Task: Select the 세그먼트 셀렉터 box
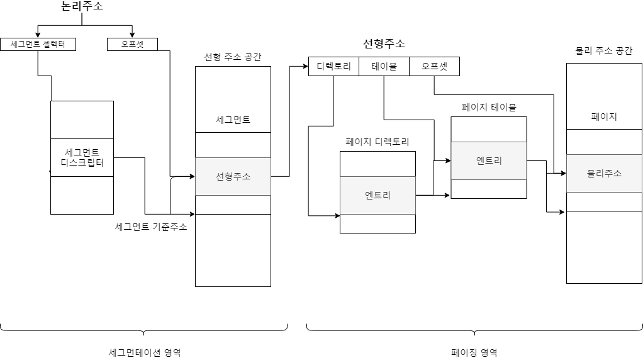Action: (38, 44)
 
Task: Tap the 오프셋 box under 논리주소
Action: (132, 44)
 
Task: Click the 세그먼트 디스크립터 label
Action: (82, 157)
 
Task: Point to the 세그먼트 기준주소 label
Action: (151, 227)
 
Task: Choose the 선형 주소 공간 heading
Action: (233, 57)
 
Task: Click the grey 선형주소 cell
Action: (233, 176)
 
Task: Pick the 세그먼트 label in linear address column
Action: (233, 120)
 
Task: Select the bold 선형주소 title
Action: (384, 43)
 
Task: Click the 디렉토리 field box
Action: (333, 66)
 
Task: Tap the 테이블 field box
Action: (384, 66)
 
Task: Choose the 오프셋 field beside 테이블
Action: (434, 66)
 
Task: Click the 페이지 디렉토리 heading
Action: (377, 142)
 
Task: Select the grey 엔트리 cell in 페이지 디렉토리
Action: (377, 195)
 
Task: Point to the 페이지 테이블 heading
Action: (489, 108)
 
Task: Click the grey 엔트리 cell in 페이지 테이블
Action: (489, 160)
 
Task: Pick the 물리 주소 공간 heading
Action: (604, 51)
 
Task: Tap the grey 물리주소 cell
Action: (604, 173)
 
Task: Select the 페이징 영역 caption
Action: (474, 352)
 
